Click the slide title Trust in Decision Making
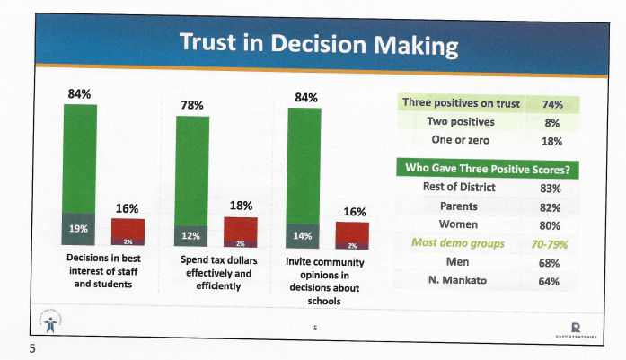[318, 43]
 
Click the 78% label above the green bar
[191, 104]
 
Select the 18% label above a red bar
[240, 206]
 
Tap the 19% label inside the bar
[79, 228]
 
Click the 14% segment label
[303, 235]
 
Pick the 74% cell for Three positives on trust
[552, 103]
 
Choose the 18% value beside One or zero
[552, 141]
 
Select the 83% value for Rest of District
[551, 188]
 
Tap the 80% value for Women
[551, 224]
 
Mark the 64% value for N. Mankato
[551, 281]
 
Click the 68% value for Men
[551, 262]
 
